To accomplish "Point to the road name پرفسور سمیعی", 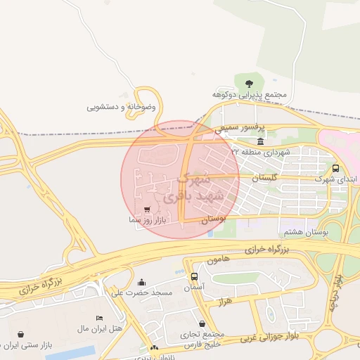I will click(233, 129).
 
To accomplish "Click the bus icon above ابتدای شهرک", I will click(335, 169).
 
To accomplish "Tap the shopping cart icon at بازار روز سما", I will click(147, 210).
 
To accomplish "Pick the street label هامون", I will click(218, 259).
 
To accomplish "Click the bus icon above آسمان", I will click(194, 276).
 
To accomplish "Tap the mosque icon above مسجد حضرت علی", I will click(141, 282).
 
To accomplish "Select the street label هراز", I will click(244, 300).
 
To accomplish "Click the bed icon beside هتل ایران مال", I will click(99, 318).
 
